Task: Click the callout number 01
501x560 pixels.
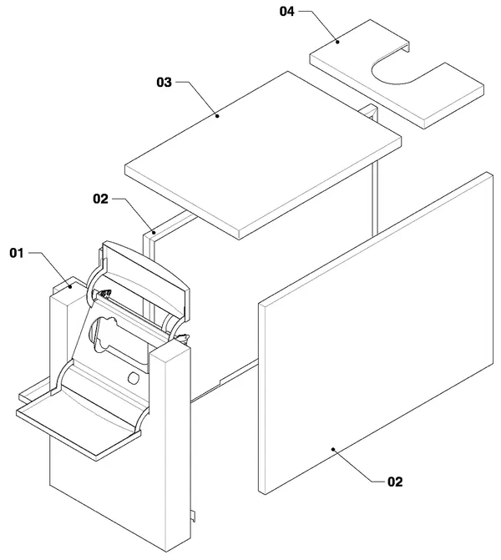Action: click(17, 253)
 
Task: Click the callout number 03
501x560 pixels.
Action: click(164, 82)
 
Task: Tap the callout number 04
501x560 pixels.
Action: click(287, 12)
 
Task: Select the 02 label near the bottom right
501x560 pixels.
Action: click(395, 482)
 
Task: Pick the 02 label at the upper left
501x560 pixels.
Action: click(100, 199)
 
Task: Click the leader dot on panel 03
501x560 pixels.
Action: click(217, 115)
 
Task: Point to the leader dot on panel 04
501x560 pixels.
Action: click(337, 42)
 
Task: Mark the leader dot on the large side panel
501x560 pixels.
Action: click(333, 449)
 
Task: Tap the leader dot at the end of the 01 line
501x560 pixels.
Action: click(70, 286)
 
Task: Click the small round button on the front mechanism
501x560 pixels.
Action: click(134, 378)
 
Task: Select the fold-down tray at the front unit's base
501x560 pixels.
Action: click(78, 423)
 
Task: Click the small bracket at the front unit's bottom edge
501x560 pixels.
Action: click(193, 516)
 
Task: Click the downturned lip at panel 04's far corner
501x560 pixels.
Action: click(407, 47)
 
